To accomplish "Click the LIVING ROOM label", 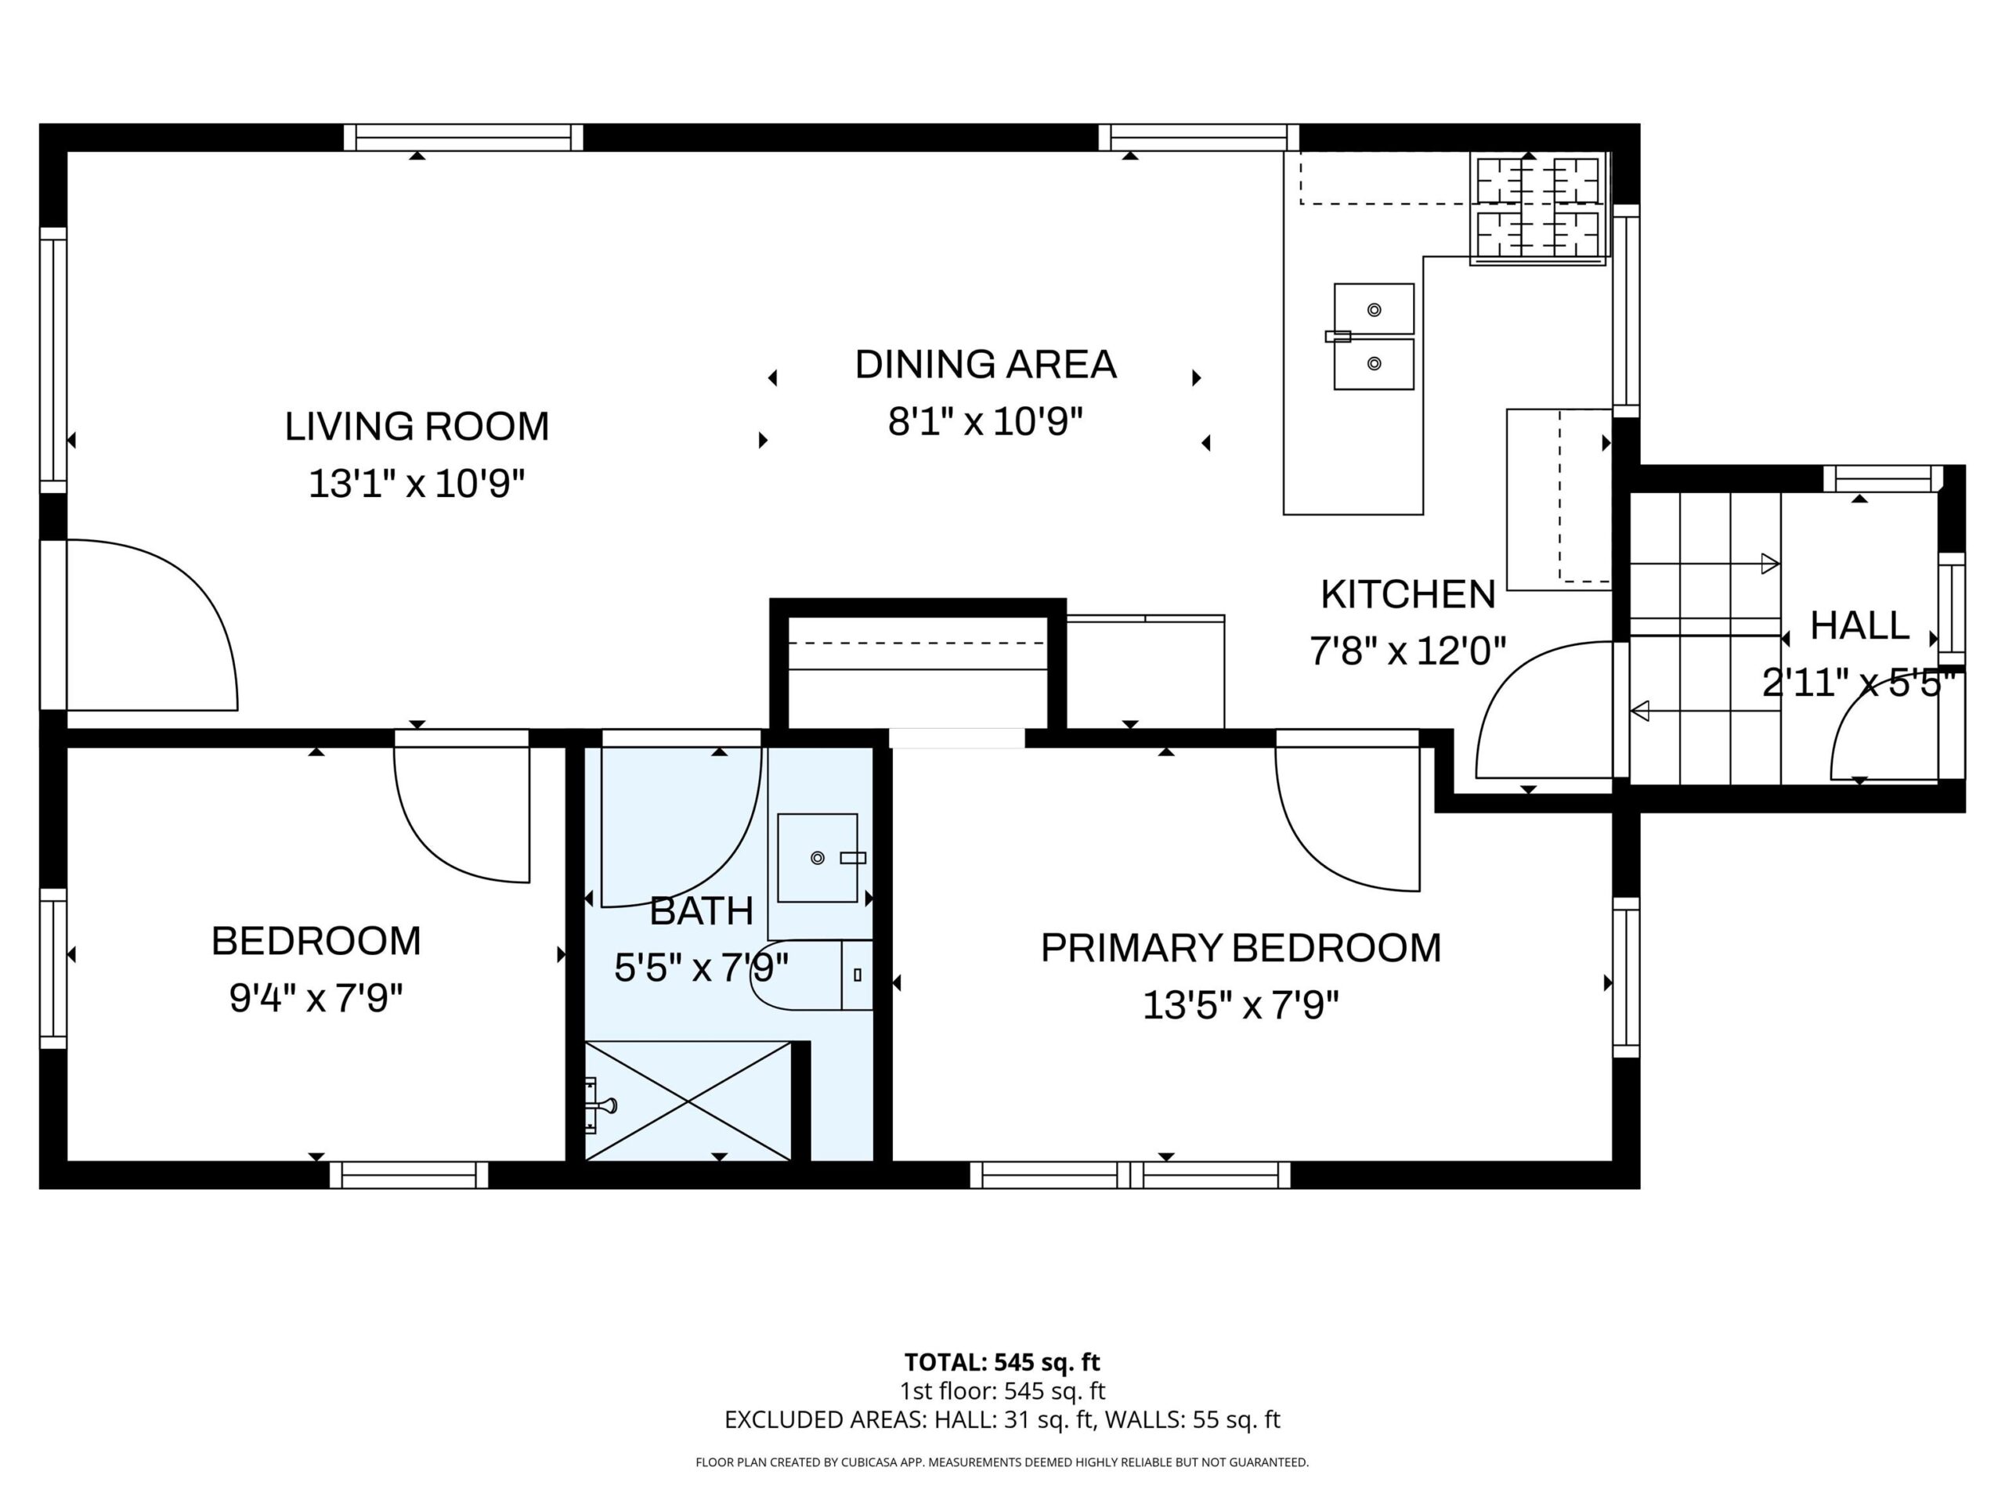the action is point(417,427).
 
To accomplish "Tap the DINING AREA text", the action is point(985,364).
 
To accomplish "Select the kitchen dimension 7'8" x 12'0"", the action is point(1407,651).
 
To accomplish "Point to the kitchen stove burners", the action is point(1537,208).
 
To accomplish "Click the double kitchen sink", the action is point(1373,336).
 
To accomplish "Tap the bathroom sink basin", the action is point(818,857).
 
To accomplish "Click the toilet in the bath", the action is point(811,975).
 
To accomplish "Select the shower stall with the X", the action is point(687,1100).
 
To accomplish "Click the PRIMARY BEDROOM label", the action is point(1240,948).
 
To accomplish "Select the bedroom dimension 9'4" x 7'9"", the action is point(316,998).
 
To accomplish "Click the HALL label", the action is point(1859,626).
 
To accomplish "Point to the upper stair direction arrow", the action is point(1704,564).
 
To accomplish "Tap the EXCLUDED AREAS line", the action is point(1002,1420).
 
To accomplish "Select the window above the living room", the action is point(463,138).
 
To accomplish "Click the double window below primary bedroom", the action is point(1130,1175).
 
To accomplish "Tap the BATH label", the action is point(702,910).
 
